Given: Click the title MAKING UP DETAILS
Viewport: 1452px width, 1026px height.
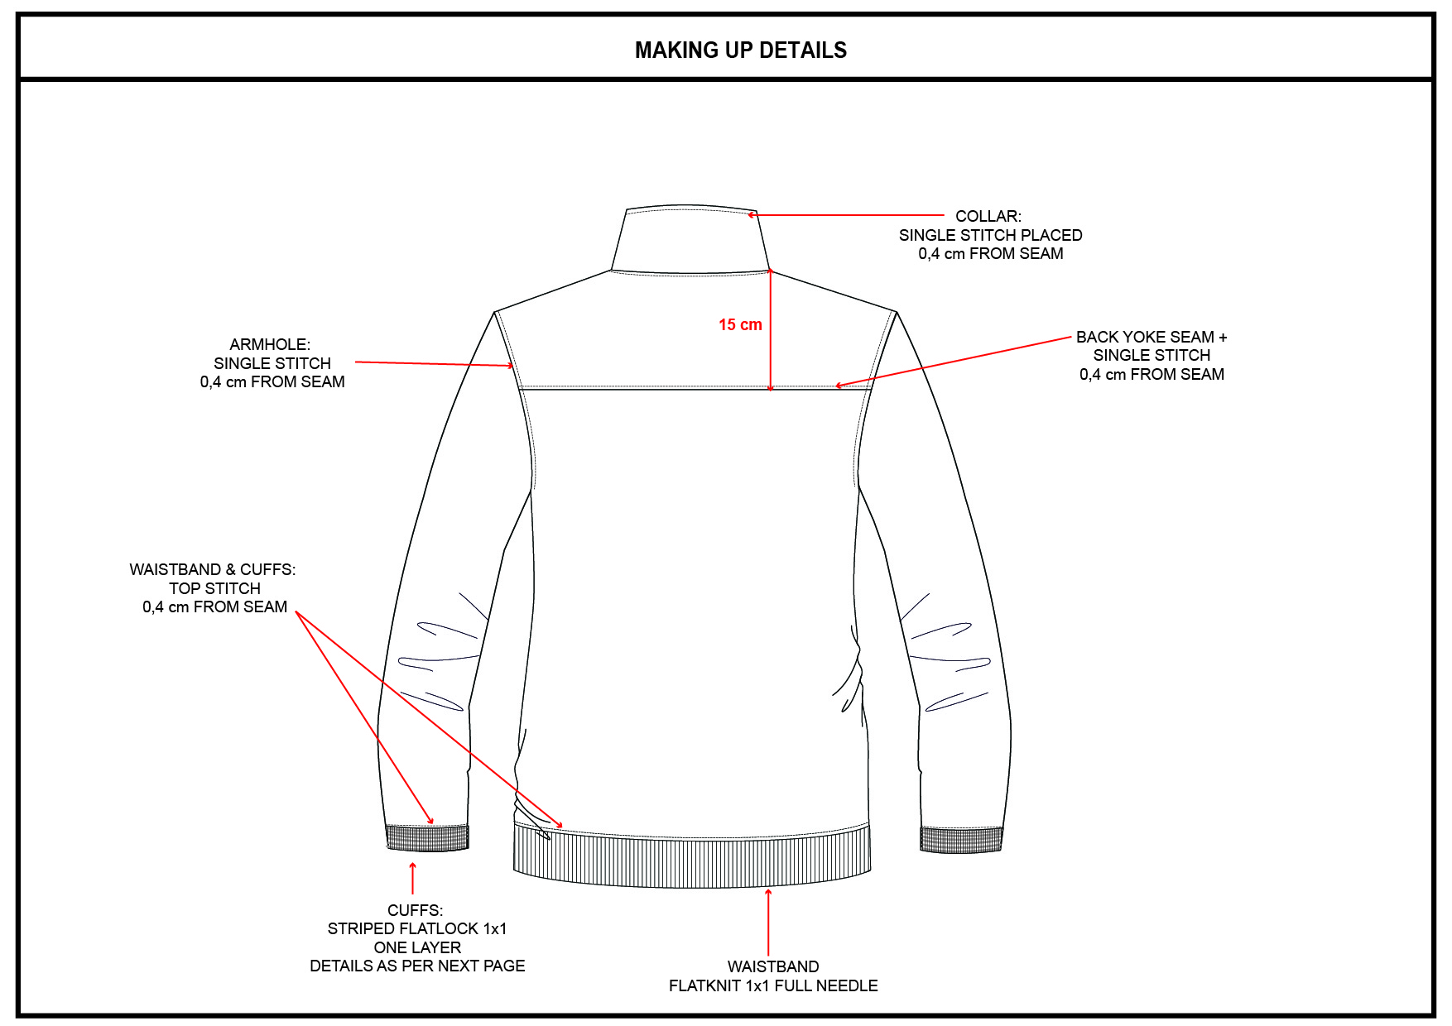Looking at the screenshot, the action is point(740,50).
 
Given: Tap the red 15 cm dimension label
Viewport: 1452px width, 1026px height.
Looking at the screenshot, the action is point(739,325).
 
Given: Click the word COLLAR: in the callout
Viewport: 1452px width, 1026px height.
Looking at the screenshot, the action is point(988,216).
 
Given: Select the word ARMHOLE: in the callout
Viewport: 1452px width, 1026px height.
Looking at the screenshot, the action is point(270,344).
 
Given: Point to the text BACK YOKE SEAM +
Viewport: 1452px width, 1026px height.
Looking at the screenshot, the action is point(1151,337).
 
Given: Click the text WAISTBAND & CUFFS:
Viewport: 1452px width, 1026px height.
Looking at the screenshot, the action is point(212,569).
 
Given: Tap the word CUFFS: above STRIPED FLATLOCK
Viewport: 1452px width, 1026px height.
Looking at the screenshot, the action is point(415,910).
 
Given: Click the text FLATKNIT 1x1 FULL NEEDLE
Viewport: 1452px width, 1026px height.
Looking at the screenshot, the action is point(772,985).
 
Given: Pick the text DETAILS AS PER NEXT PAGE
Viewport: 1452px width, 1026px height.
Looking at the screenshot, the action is point(417,966).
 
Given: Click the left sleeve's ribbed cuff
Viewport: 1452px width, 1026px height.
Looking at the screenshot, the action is point(427,838).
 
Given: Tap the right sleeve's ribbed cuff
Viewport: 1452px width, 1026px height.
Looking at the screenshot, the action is point(961,839).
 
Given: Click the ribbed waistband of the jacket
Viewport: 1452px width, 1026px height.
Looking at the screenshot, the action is point(691,861).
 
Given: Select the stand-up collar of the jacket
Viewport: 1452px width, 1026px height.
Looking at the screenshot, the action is point(691,240).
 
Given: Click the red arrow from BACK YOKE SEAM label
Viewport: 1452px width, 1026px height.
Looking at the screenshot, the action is point(952,362).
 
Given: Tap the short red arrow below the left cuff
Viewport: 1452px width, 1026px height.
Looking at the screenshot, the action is point(412,878).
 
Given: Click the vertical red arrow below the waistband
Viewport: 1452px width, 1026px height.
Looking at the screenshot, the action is point(768,923).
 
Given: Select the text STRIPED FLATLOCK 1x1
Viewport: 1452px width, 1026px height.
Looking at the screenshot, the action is point(416,928).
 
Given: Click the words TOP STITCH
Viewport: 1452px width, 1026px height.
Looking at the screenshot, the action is point(214,588).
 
